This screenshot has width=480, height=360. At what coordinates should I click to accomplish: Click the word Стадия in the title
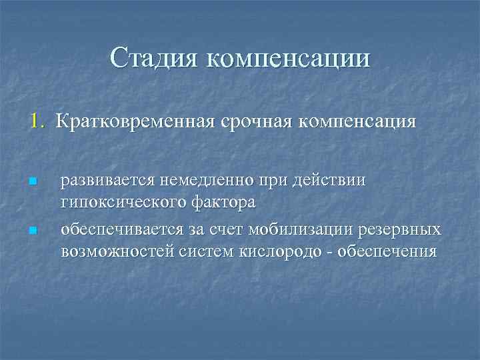pos(153,58)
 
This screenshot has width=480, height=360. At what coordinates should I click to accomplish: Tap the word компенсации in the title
pos(288,58)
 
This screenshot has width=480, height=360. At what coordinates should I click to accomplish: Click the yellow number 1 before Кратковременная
pos(35,122)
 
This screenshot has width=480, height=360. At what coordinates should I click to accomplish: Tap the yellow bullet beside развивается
pos(31,182)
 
